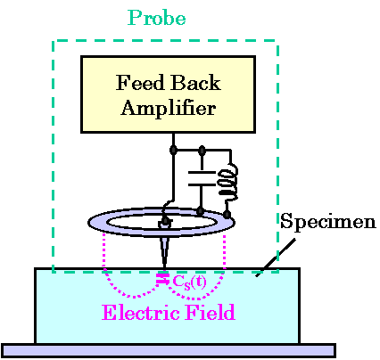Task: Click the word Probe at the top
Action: point(157,18)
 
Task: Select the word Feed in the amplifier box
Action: point(140,82)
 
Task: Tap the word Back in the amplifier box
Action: point(196,82)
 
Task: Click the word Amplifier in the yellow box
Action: point(169,108)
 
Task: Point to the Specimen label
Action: point(328,221)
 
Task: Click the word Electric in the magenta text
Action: point(141,313)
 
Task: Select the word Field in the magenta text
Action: point(211,313)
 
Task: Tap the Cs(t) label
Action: point(189,282)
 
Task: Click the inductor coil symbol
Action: point(228,182)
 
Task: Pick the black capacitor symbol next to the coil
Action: point(202,178)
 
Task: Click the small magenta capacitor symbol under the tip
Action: point(162,279)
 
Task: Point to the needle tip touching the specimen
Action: point(164,267)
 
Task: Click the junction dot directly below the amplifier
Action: point(173,150)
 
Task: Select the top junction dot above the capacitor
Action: point(202,150)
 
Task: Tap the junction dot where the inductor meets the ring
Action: point(227,214)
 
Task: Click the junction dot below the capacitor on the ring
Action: point(201,211)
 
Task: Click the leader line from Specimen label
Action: point(276,258)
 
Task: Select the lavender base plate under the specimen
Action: point(169,350)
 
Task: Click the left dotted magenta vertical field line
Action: point(104,251)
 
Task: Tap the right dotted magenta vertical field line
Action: point(224,252)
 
